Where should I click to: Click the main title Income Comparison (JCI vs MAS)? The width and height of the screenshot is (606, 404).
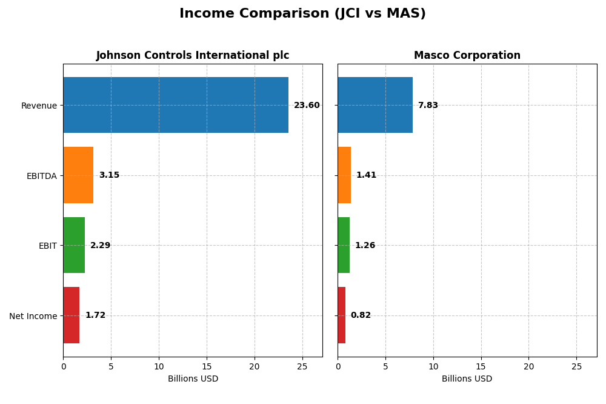pos(302,13)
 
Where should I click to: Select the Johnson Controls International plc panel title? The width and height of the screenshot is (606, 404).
pos(193,55)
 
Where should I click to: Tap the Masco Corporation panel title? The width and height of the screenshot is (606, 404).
pos(467,55)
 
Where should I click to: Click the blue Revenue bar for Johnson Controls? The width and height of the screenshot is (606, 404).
pos(176,105)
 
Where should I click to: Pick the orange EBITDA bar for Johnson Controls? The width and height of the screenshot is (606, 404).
pos(78,175)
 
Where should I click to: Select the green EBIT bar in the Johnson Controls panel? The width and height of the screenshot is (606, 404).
pos(74,245)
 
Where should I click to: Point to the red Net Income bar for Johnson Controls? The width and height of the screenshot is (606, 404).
pos(72,315)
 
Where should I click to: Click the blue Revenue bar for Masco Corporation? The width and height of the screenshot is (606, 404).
pos(375,105)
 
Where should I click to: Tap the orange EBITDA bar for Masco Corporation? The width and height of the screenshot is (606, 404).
pos(344,175)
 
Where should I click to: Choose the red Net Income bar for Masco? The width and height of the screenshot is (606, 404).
pos(342,315)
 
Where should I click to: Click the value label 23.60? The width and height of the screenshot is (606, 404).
pos(307,106)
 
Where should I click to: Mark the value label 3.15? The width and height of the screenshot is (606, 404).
pos(109,175)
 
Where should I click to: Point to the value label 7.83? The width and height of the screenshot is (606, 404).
pos(428,106)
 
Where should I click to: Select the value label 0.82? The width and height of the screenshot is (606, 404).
pos(361,315)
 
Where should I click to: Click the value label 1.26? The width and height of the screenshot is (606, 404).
pos(365,246)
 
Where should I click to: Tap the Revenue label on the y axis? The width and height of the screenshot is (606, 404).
pos(39,106)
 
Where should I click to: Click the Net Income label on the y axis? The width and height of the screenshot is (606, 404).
pos(33,316)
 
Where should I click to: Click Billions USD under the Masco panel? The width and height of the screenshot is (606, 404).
pos(467,379)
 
